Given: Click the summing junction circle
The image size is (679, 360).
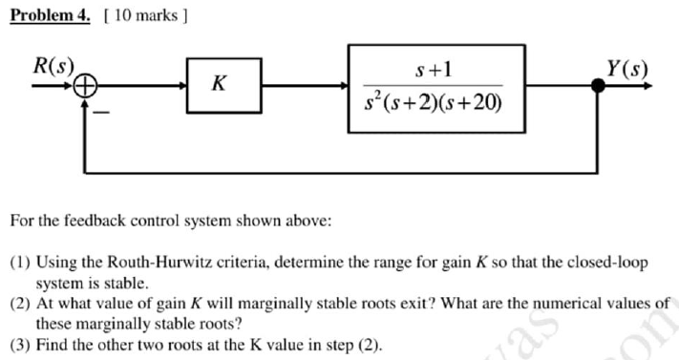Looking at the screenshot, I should tap(87, 86).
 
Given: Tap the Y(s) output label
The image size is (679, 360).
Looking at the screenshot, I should tap(626, 69).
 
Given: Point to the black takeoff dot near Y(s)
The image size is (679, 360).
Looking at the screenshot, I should tap(599, 86).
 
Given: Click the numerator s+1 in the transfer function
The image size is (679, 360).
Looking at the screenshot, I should tap(435, 69).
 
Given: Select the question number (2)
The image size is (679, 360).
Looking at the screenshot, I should tap(19, 304).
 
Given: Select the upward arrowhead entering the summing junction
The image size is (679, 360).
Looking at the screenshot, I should tap(87, 102).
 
